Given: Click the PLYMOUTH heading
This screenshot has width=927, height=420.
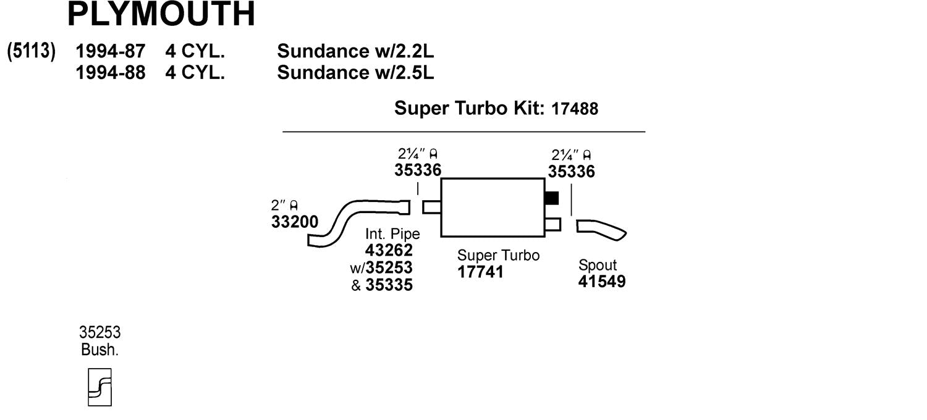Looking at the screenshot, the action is pyautogui.click(x=161, y=14).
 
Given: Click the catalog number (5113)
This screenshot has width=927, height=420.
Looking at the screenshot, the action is pyautogui.click(x=31, y=51).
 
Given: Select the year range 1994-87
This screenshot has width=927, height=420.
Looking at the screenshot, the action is pyautogui.click(x=111, y=51).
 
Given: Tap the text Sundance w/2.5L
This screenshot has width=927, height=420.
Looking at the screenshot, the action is pyautogui.click(x=355, y=73).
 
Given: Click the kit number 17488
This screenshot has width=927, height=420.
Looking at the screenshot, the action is pyautogui.click(x=575, y=109).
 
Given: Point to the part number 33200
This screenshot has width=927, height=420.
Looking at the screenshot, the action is pyautogui.click(x=295, y=222).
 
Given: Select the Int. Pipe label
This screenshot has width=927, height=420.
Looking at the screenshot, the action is pyautogui.click(x=392, y=234).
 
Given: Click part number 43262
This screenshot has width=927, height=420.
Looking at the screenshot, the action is pyautogui.click(x=389, y=250).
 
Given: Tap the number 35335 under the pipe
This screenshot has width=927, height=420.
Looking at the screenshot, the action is pyautogui.click(x=389, y=285).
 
